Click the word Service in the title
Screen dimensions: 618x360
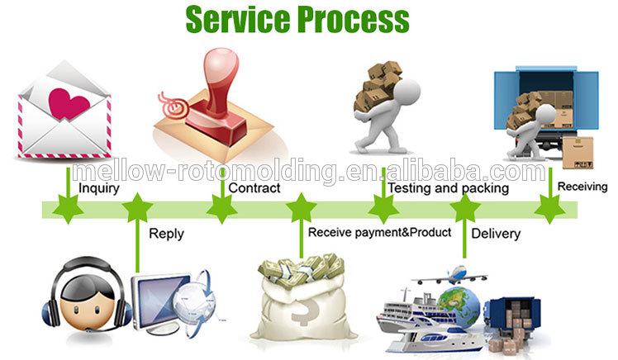(239, 19)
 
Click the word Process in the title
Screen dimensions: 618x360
(353, 19)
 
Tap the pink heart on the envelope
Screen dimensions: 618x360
(69, 103)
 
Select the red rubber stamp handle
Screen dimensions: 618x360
(221, 81)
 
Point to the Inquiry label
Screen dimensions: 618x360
(99, 188)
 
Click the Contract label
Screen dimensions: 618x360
(254, 188)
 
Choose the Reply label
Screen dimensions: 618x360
(166, 234)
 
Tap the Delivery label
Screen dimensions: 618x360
(496, 234)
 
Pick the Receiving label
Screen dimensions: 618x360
(582, 187)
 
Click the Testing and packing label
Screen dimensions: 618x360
(448, 188)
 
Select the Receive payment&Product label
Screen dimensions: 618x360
(379, 232)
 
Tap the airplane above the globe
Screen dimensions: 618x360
(449, 276)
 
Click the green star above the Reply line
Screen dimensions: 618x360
(137, 208)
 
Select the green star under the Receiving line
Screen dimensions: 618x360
(549, 209)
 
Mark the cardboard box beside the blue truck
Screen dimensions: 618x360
(578, 153)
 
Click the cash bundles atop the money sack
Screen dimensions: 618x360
(302, 269)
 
